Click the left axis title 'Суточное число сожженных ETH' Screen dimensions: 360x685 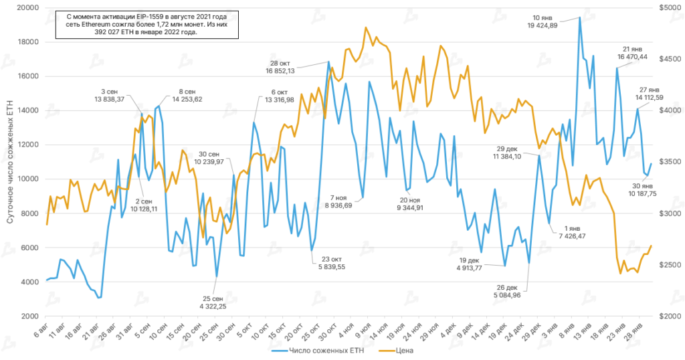pyautogui.click(x=9, y=161)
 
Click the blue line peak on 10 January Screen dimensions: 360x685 pyautogui.click(x=580, y=18)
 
